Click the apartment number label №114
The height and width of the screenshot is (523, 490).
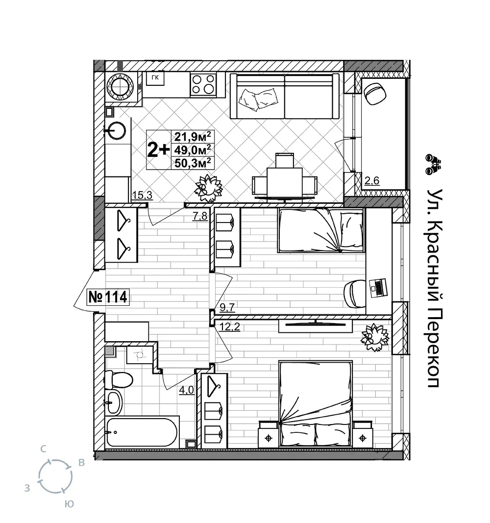[x=108, y=297]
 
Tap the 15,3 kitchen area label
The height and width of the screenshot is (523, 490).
[x=142, y=195]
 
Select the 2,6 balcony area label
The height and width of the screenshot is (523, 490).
[x=372, y=180]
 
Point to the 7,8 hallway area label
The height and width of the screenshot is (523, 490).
[x=200, y=216]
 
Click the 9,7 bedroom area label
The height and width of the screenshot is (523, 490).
[x=227, y=307]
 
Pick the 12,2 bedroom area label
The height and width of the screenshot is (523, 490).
[x=230, y=327]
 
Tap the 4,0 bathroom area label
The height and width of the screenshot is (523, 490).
[x=187, y=390]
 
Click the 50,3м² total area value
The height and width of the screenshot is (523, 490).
[x=193, y=162]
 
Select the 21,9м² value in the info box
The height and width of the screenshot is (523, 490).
[x=193, y=136]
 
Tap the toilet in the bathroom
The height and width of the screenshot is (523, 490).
[x=118, y=379]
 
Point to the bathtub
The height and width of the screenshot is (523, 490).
[x=142, y=432]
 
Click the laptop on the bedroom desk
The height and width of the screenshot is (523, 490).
[x=378, y=288]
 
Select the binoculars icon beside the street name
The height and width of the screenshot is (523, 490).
[x=433, y=164]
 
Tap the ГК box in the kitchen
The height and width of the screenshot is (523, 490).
[x=155, y=78]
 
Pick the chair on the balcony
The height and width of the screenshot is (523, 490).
[x=375, y=94]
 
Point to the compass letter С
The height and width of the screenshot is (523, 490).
[x=43, y=449]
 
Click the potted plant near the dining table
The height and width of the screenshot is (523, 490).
[x=209, y=188]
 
